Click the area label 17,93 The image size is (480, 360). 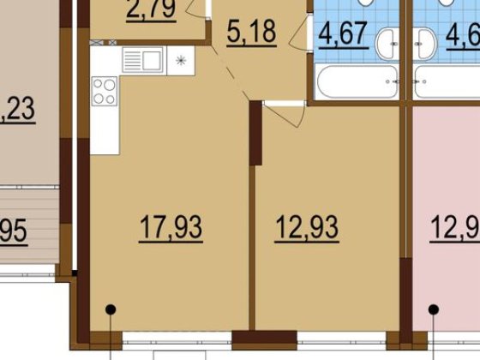(x=171, y=228)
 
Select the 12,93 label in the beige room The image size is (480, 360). (x=307, y=228)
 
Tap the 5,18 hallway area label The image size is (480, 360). (x=251, y=36)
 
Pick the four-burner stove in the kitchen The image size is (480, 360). (x=104, y=91)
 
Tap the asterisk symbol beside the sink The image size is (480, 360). (x=180, y=60)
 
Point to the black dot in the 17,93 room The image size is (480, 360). (x=110, y=309)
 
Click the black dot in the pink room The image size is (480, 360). (x=434, y=309)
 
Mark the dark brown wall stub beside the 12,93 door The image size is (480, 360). (x=255, y=134)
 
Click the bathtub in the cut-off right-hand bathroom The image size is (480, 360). (x=447, y=83)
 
